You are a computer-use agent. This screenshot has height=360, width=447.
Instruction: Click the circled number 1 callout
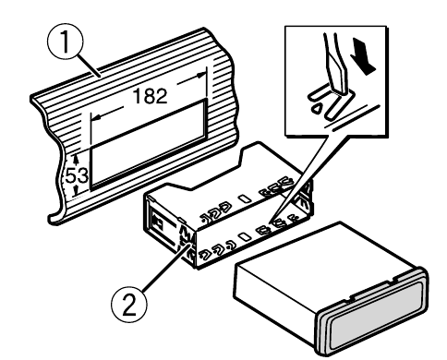tap(66, 43)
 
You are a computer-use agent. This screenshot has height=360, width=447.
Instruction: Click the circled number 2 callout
tap(129, 305)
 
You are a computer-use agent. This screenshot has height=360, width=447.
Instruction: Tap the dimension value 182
tap(151, 96)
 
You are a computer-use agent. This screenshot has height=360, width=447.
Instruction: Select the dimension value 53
tap(78, 175)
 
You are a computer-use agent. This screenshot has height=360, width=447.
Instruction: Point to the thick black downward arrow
tap(363, 55)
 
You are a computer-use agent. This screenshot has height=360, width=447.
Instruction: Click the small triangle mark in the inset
tap(317, 108)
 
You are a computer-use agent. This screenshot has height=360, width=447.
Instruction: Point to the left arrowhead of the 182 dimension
tap(97, 117)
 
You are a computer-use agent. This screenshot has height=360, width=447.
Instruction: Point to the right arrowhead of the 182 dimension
tap(201, 75)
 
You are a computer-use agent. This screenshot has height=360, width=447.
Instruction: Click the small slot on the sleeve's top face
tap(246, 198)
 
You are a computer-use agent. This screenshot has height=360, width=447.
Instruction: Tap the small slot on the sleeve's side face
tap(246, 236)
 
